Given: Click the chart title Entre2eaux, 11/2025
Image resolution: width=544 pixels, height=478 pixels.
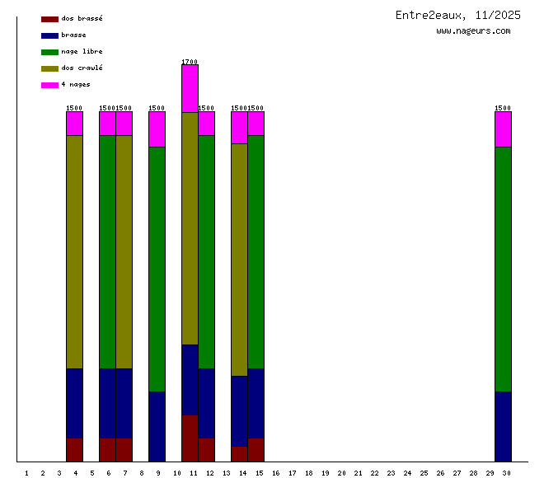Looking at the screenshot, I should point(457,15).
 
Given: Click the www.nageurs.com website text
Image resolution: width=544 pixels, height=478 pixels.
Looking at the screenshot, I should point(473,31).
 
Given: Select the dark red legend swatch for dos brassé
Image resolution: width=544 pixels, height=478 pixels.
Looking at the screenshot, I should point(49,18).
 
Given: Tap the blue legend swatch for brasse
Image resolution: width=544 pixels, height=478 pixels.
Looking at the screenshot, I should point(49,35).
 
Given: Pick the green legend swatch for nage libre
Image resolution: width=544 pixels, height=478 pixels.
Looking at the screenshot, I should point(49,51).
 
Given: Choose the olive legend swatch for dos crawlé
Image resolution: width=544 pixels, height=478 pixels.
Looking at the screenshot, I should point(49,68).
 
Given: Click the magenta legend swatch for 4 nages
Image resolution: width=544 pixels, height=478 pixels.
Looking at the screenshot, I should point(49,84).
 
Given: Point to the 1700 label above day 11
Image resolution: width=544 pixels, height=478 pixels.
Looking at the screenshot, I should point(190,62).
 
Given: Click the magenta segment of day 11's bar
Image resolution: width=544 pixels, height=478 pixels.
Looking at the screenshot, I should point(190,88).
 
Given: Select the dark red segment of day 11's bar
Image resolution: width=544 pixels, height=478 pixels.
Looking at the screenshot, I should point(190,438).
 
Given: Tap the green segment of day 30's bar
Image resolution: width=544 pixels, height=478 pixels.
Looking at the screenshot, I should point(503,269).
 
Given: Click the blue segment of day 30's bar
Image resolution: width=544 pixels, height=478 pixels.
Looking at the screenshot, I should point(503,426).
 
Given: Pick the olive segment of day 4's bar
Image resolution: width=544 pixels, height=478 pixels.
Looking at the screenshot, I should point(74,251).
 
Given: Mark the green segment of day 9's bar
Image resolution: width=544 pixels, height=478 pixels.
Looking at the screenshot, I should point(157,269).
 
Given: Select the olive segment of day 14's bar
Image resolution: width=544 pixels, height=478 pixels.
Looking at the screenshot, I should point(239,260).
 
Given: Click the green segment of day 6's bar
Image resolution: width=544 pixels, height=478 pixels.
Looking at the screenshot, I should point(107,251).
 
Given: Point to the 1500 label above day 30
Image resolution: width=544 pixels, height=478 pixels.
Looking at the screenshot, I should point(503,108).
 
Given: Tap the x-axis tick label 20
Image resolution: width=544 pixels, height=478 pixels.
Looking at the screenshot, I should point(341,473).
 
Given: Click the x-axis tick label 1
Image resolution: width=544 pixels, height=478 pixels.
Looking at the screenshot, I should point(26,473).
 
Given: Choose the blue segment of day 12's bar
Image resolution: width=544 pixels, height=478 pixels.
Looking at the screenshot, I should point(206,403).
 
